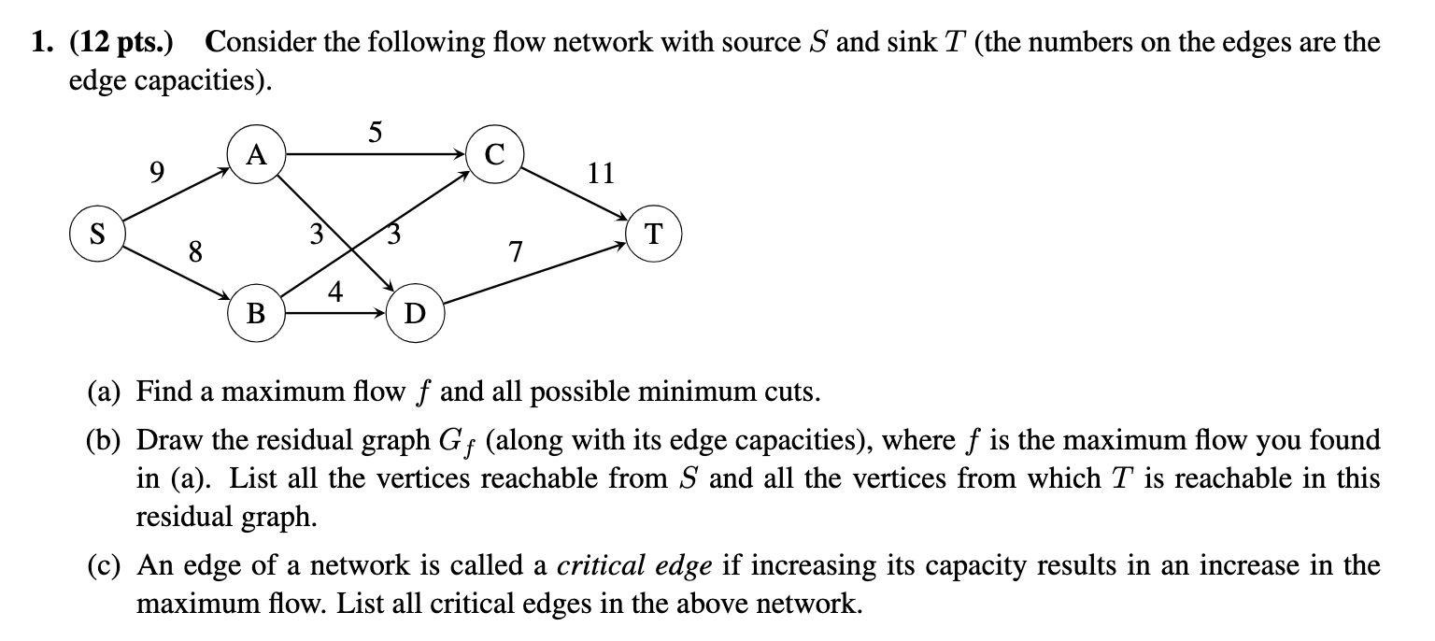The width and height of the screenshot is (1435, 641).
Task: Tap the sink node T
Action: pyautogui.click(x=655, y=235)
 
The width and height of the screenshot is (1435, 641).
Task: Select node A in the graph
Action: pyautogui.click(x=257, y=155)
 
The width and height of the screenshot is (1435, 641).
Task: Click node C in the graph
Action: pyautogui.click(x=495, y=155)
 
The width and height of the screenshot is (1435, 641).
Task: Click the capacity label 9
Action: pyautogui.click(x=157, y=172)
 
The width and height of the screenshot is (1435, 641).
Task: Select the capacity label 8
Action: pyautogui.click(x=194, y=251)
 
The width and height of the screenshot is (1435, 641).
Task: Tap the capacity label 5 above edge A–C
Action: pyautogui.click(x=374, y=132)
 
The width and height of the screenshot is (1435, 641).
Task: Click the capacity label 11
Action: pyautogui.click(x=599, y=173)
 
